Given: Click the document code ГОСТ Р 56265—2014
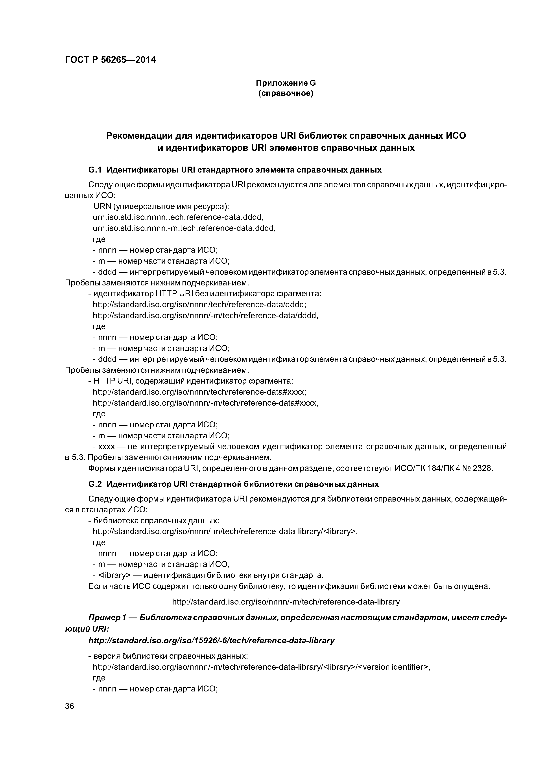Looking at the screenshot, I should [110, 60].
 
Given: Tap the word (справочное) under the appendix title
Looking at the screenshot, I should [286, 93].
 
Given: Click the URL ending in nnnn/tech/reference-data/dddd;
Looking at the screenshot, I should [199, 304].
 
